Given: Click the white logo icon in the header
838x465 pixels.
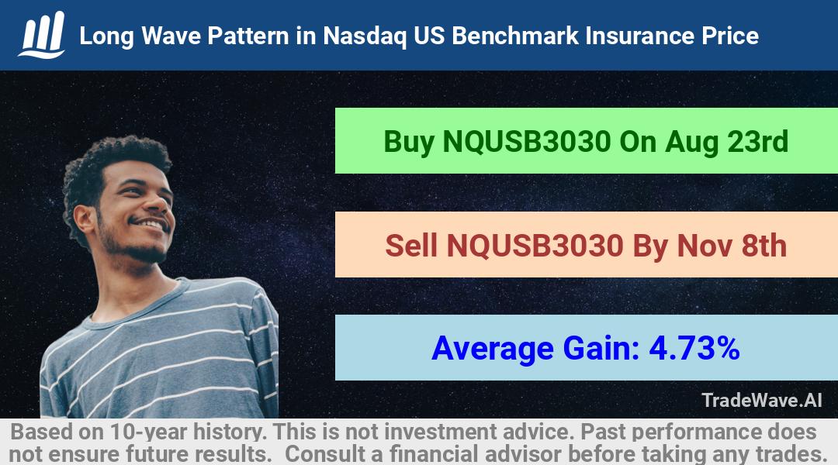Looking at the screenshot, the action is click(x=42, y=35).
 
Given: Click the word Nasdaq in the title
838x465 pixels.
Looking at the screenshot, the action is click(x=365, y=36).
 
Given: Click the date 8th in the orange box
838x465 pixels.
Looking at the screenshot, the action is click(x=764, y=246).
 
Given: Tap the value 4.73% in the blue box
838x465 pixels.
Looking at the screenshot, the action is click(x=694, y=348).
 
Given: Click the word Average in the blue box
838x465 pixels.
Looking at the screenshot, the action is click(x=493, y=350).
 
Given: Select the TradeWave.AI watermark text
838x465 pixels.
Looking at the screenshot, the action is click(x=762, y=401).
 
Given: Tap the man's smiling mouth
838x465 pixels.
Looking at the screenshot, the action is click(x=151, y=223).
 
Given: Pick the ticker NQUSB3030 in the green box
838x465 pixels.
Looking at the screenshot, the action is click(x=526, y=142).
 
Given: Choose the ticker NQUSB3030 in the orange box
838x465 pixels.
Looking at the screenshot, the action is click(x=535, y=246).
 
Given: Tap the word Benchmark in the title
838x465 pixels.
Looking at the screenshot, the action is click(x=515, y=36).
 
